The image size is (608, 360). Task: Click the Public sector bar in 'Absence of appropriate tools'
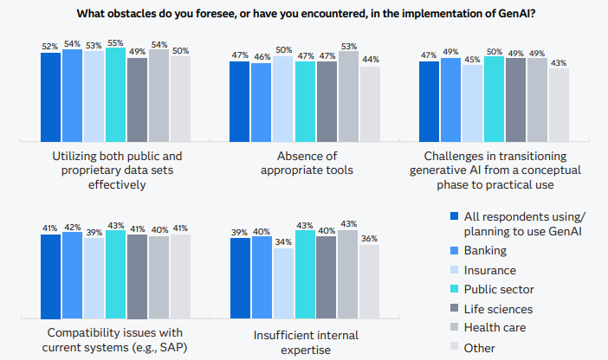click(x=305, y=101)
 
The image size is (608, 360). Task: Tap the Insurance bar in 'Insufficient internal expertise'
click(x=283, y=290)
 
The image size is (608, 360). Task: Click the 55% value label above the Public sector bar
click(x=115, y=42)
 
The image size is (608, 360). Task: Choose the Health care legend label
click(x=495, y=328)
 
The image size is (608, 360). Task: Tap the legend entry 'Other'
click(x=480, y=348)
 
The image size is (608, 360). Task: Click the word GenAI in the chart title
click(x=514, y=13)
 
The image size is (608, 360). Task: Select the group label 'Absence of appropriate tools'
click(x=306, y=164)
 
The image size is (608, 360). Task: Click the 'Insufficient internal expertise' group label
click(x=306, y=342)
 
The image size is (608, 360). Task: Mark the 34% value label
click(x=283, y=242)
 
